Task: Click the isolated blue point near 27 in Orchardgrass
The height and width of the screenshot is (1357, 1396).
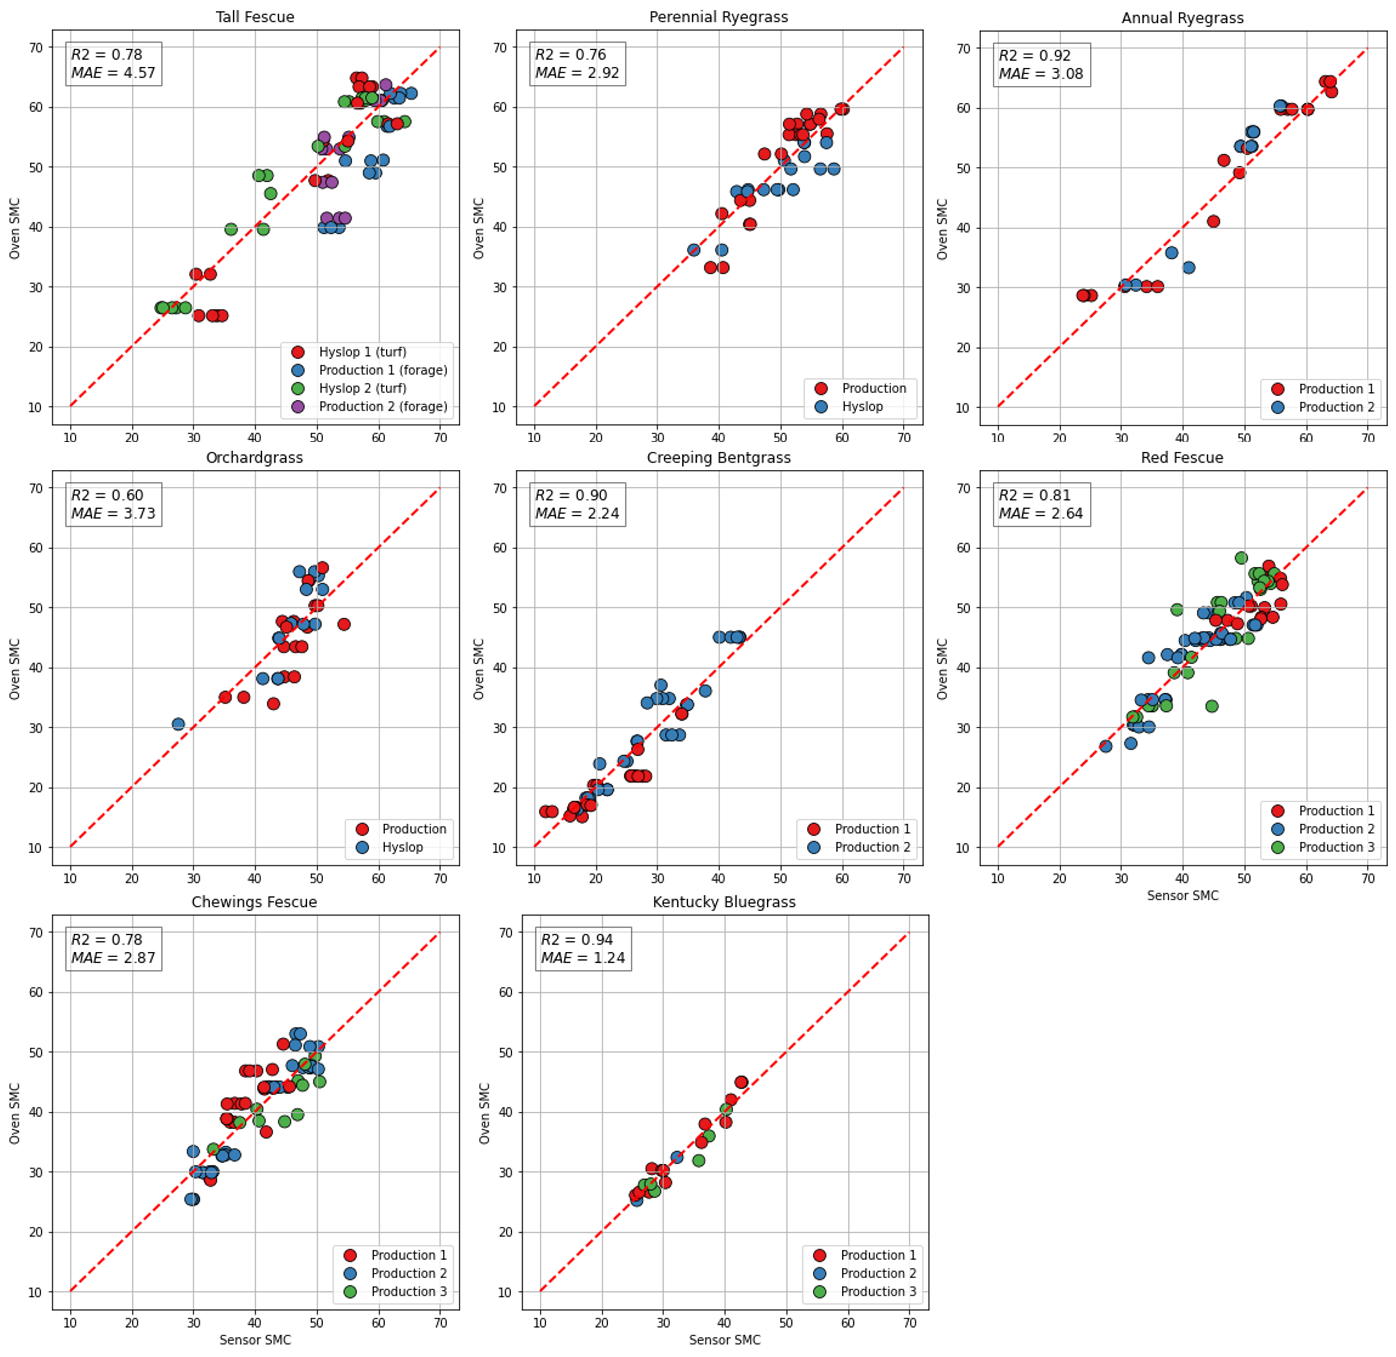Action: [178, 724]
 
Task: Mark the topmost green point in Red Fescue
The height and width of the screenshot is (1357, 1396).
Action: [1241, 558]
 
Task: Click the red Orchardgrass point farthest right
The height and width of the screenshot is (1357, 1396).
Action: [344, 624]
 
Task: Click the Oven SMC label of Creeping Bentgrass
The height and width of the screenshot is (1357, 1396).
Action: [478, 668]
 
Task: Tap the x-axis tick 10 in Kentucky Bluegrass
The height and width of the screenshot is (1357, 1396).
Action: [540, 1323]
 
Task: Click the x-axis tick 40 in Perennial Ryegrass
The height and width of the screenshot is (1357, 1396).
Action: [719, 437]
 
